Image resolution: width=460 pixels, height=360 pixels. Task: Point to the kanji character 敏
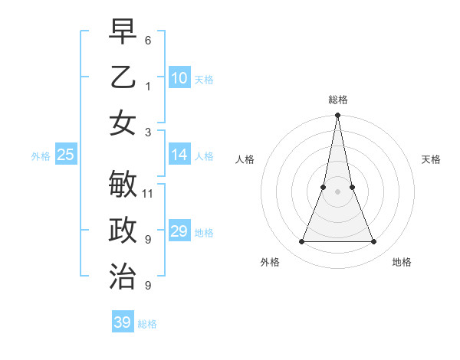[x=123, y=185]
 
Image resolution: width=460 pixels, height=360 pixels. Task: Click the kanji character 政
[x=123, y=231]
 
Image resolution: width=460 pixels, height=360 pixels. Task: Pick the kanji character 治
[x=123, y=277]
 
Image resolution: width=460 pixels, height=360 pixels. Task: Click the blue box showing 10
[x=179, y=78]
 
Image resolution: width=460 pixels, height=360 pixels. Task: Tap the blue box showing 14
[x=179, y=155]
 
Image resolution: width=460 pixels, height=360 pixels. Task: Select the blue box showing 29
[x=179, y=231]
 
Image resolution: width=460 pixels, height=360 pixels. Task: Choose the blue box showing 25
[x=66, y=155]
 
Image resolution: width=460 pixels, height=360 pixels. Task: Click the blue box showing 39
[x=123, y=322]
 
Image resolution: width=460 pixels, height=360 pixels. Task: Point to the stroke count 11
[x=148, y=193]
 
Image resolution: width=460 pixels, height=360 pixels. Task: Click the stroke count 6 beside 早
[x=148, y=39]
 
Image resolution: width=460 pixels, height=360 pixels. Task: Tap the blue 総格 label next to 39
[x=147, y=324]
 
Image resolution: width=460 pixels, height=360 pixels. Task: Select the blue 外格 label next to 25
[x=41, y=156]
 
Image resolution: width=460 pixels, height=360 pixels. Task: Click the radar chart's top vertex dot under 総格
[x=337, y=116]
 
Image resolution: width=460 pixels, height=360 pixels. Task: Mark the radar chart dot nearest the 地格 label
[x=373, y=242]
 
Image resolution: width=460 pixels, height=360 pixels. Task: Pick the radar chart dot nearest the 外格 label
[x=301, y=242]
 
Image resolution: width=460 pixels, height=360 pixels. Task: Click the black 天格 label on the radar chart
[x=431, y=159]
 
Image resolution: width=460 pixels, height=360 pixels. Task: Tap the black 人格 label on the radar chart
[x=245, y=159]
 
